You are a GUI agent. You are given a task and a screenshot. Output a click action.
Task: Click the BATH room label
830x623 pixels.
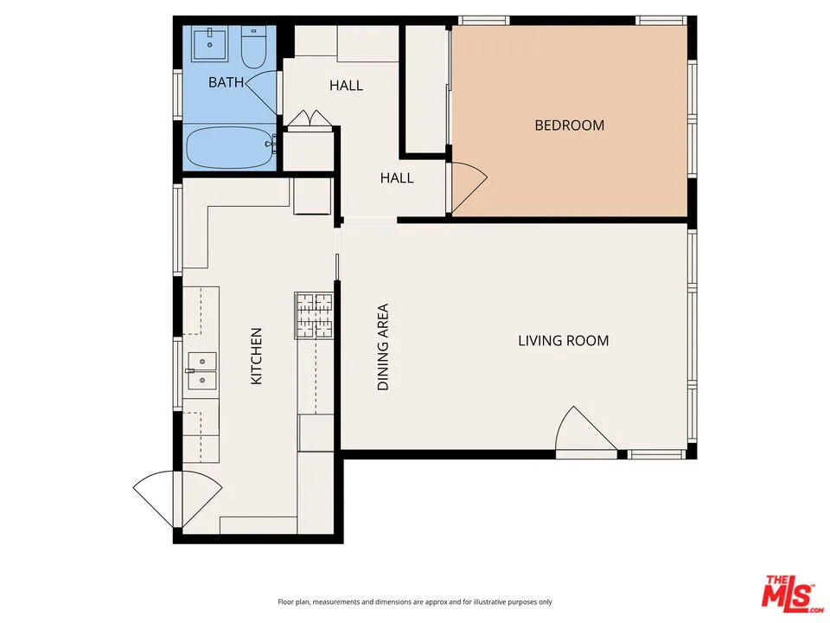point(226,82)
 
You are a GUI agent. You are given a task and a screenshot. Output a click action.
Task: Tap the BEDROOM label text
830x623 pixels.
point(570,125)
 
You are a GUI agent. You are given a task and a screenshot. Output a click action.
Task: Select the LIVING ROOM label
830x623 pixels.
point(563,341)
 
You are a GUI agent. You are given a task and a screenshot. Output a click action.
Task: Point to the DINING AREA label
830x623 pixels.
point(383,347)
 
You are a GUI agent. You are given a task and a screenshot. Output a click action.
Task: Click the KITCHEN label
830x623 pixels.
point(256,356)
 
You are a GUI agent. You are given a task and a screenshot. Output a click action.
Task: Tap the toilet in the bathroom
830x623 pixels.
point(253,47)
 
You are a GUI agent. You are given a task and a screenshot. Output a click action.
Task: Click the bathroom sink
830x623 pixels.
point(210,45)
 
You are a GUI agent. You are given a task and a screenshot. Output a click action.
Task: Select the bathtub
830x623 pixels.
point(230,147)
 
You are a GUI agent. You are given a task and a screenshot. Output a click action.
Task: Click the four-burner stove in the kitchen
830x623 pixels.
point(314,316)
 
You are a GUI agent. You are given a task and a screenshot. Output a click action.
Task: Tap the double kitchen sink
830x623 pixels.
point(201,371)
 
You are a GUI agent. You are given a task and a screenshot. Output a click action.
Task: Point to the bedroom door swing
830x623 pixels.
point(467,187)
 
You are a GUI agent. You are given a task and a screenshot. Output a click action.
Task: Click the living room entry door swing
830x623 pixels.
point(586,430)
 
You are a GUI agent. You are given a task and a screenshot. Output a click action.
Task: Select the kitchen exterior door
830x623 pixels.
point(178,500)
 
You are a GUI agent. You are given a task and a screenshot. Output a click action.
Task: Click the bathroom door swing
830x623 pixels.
point(262,93)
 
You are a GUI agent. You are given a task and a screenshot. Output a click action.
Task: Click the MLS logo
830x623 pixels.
point(793,591)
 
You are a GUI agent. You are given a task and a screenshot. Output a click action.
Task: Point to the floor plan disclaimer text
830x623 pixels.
point(415,602)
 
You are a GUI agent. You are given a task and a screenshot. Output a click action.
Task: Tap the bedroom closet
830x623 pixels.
point(426,89)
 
